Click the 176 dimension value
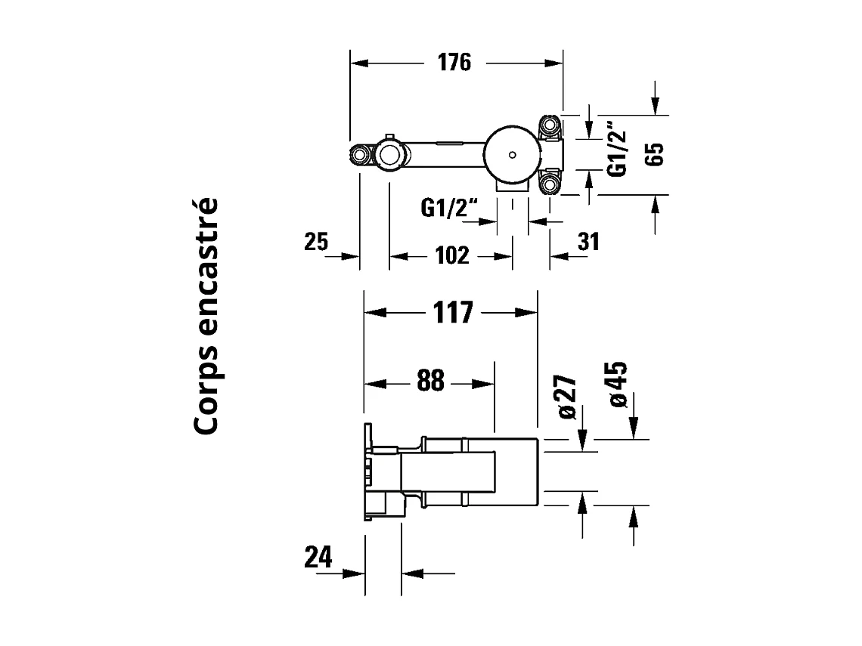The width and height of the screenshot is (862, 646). (x=454, y=63)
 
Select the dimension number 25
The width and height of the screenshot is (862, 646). (x=316, y=243)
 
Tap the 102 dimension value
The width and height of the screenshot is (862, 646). (x=453, y=255)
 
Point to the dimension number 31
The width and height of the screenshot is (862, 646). (x=588, y=243)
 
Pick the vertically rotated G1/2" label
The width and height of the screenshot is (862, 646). (x=619, y=149)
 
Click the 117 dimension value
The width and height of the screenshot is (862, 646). (x=451, y=312)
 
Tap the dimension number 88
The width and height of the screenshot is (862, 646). (x=430, y=382)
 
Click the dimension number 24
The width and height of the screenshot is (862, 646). (x=318, y=558)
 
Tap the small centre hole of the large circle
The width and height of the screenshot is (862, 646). (x=513, y=155)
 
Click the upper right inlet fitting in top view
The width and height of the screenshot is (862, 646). (x=549, y=124)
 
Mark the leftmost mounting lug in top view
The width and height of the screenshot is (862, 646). (x=360, y=156)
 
